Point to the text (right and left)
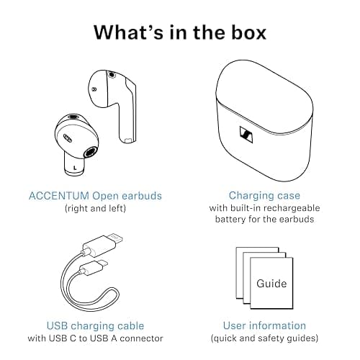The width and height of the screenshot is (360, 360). [95, 209]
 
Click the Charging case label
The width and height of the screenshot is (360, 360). [264, 196]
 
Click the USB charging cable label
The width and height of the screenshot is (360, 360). [95, 325]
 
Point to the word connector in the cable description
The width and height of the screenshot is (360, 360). [142, 338]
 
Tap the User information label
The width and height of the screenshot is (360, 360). [264, 325]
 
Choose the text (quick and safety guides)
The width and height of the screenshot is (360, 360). [264, 338]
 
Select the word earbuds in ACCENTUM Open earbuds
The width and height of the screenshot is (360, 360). [142, 196]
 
